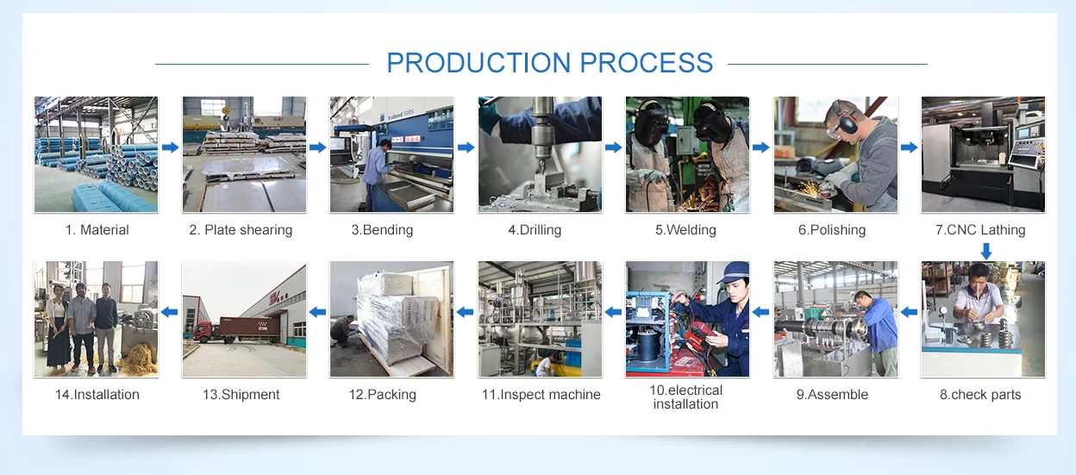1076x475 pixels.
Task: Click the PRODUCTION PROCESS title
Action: (x=549, y=63)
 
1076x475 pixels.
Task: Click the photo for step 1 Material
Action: (x=96, y=154)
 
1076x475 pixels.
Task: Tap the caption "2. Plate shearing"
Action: (x=241, y=230)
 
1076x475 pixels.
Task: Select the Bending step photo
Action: (x=391, y=154)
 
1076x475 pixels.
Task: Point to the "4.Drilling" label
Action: (x=535, y=230)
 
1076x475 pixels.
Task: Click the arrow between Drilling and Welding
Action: (x=613, y=147)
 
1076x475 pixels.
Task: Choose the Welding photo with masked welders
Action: (x=687, y=154)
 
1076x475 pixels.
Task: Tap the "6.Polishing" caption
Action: (x=832, y=230)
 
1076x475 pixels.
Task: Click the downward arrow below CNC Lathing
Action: (x=986, y=250)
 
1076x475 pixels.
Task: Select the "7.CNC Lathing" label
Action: (x=981, y=230)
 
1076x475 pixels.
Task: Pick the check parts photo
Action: (x=983, y=319)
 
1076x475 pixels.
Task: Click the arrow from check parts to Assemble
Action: (x=909, y=312)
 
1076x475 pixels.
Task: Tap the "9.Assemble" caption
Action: (x=832, y=395)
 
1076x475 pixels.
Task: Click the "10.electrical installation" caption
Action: (x=686, y=397)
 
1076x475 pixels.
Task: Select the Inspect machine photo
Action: (x=540, y=319)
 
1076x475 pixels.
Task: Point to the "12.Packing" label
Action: (x=382, y=395)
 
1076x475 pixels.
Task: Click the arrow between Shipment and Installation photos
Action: (x=170, y=312)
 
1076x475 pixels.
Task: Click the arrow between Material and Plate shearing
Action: (x=170, y=147)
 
